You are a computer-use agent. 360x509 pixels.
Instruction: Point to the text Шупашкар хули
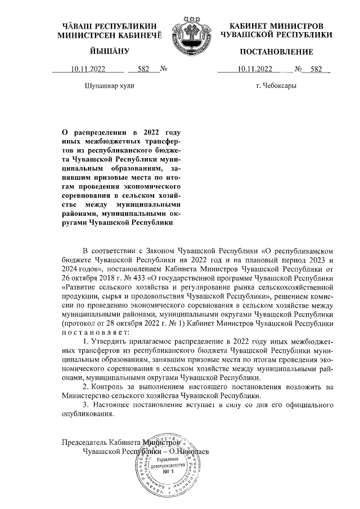point(109,87)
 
